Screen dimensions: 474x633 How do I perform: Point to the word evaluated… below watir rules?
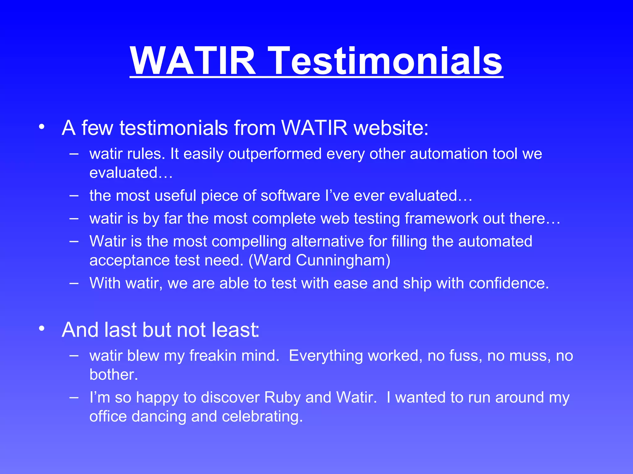click(x=131, y=173)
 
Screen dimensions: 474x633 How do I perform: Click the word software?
click(x=290, y=196)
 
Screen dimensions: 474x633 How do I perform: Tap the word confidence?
click(x=508, y=283)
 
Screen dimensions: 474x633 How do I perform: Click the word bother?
click(x=113, y=375)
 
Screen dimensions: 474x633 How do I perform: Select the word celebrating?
click(x=262, y=416)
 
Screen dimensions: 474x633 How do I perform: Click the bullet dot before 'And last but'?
click(x=42, y=329)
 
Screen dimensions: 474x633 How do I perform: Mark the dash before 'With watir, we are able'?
click(x=74, y=283)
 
